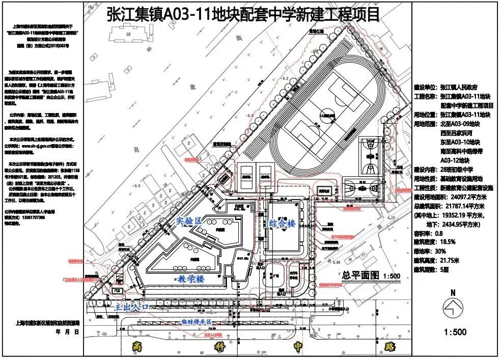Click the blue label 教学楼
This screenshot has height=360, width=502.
point(191,279)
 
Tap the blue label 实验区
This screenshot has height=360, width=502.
point(189,220)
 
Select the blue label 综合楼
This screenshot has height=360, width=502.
point(282,223)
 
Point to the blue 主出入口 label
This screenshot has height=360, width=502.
point(131,307)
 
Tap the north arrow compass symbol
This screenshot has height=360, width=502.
point(454,308)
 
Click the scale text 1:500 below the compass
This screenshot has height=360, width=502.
point(455,332)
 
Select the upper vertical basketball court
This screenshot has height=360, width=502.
point(371,156)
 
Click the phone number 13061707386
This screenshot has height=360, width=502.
point(20,216)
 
